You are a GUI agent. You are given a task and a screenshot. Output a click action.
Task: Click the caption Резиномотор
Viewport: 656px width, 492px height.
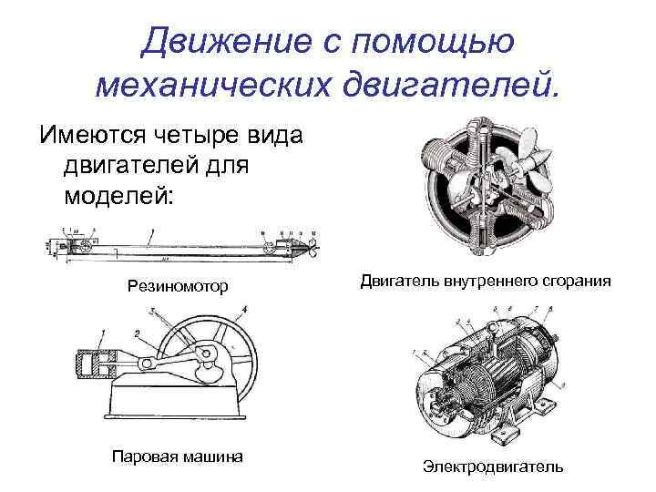177,287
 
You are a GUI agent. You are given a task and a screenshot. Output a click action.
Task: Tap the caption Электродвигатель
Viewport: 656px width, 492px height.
492,466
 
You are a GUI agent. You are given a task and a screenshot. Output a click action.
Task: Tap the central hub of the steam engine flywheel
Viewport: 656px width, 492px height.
214,356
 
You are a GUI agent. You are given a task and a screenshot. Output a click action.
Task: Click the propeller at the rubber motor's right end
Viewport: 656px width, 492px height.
309,246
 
